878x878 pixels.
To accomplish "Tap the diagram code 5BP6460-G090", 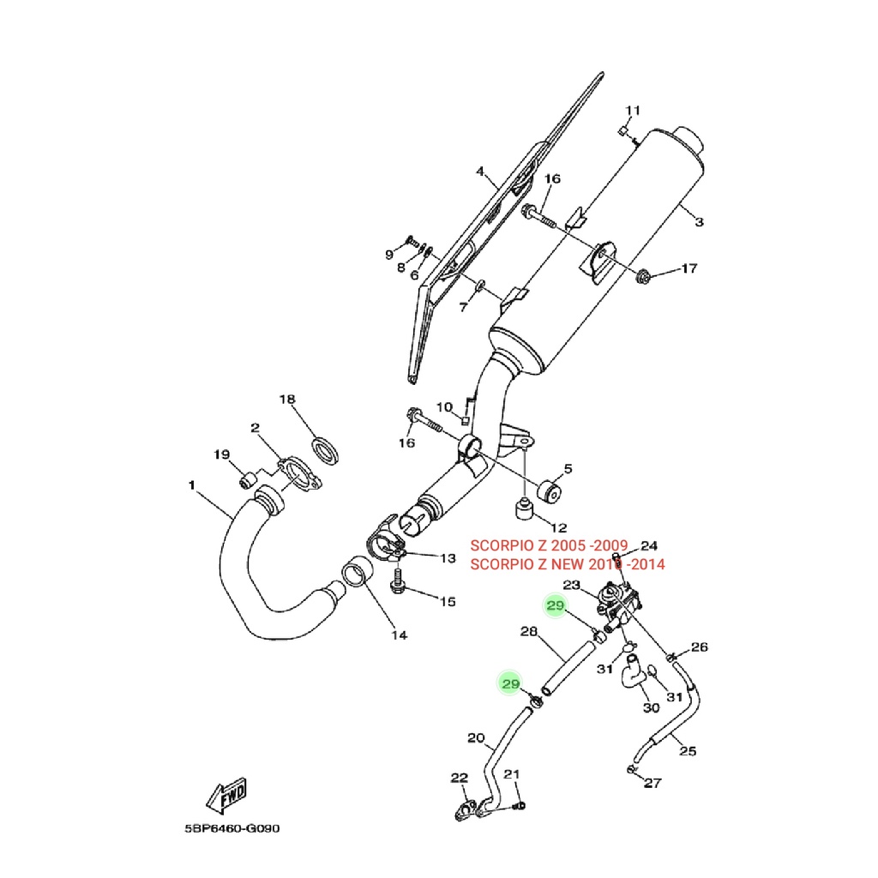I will click(x=232, y=829).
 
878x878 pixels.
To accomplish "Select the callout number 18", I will click(x=286, y=400).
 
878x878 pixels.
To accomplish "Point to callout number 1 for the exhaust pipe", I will click(x=191, y=485).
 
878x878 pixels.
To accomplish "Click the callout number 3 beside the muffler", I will click(x=699, y=222).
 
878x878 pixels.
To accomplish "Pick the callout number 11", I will click(x=633, y=111).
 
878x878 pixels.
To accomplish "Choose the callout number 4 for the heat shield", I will click(x=480, y=171).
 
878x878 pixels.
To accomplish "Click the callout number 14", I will click(x=399, y=634).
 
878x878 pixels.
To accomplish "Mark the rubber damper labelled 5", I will click(x=548, y=495).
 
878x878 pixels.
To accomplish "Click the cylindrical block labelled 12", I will click(x=523, y=508).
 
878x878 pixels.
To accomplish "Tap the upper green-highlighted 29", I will click(x=556, y=606).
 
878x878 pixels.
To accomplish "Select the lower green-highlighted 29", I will click(x=511, y=683).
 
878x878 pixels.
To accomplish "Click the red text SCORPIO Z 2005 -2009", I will click(x=550, y=546).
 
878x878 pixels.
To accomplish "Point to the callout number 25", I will click(x=688, y=752).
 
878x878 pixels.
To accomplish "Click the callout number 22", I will click(x=460, y=778).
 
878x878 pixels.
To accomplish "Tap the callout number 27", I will click(x=653, y=783).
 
